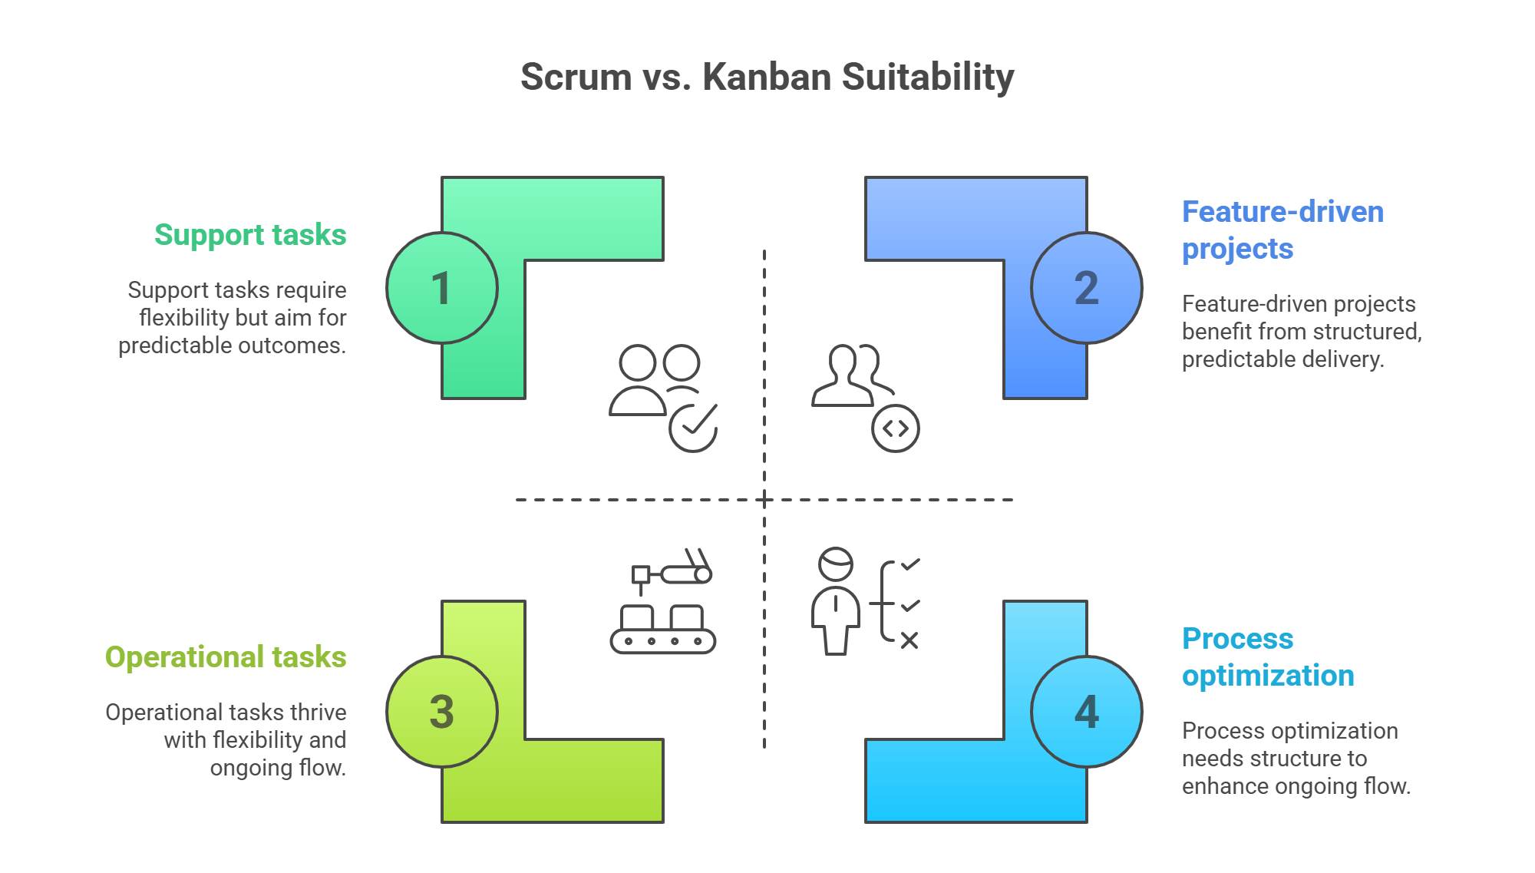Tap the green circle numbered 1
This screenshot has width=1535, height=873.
click(x=442, y=288)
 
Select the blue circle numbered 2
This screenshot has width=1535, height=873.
click(x=1086, y=288)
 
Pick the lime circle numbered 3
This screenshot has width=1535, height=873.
click(x=442, y=712)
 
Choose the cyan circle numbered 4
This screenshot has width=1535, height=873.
click(x=1086, y=712)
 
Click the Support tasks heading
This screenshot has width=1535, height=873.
click(x=250, y=235)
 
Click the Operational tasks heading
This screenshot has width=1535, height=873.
click(x=226, y=657)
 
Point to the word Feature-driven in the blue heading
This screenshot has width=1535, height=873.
click(x=1282, y=212)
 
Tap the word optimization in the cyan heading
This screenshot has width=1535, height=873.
click(x=1268, y=676)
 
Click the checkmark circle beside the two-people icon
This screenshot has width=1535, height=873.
click(x=693, y=428)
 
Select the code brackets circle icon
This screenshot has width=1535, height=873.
click(x=896, y=428)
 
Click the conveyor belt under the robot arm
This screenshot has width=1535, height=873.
click(x=663, y=640)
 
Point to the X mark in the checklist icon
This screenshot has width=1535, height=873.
click(x=909, y=640)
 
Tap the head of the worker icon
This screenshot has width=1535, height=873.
click(x=836, y=564)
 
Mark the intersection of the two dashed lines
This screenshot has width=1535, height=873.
click(x=764, y=500)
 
